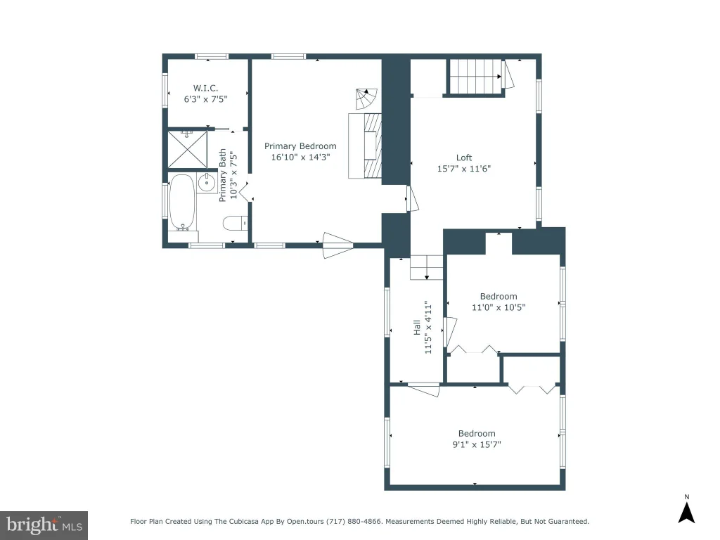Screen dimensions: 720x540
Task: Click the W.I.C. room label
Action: (x=205, y=88)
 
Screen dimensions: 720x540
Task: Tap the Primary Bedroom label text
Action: (x=300, y=146)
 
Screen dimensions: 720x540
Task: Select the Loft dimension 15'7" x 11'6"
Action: (x=464, y=169)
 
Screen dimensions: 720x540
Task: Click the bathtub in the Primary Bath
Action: (x=182, y=202)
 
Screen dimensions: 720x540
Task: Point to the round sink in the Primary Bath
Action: (x=207, y=183)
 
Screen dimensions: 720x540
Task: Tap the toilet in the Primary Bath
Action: (x=236, y=223)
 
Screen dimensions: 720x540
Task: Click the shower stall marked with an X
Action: (x=187, y=149)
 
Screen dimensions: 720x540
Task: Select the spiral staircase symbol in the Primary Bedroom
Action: (x=366, y=98)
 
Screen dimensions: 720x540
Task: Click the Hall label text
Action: (x=417, y=328)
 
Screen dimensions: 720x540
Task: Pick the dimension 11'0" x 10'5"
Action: (x=499, y=307)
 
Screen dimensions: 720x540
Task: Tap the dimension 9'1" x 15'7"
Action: (x=477, y=444)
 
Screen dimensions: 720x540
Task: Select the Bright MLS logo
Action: (x=44, y=525)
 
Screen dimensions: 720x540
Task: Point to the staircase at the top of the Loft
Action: (x=476, y=76)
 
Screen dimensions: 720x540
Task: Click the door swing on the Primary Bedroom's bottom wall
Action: (x=338, y=245)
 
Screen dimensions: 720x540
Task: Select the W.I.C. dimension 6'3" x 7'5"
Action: (x=205, y=99)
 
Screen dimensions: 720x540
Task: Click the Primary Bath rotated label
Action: (x=223, y=175)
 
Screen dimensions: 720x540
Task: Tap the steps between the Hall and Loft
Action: (x=427, y=267)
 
